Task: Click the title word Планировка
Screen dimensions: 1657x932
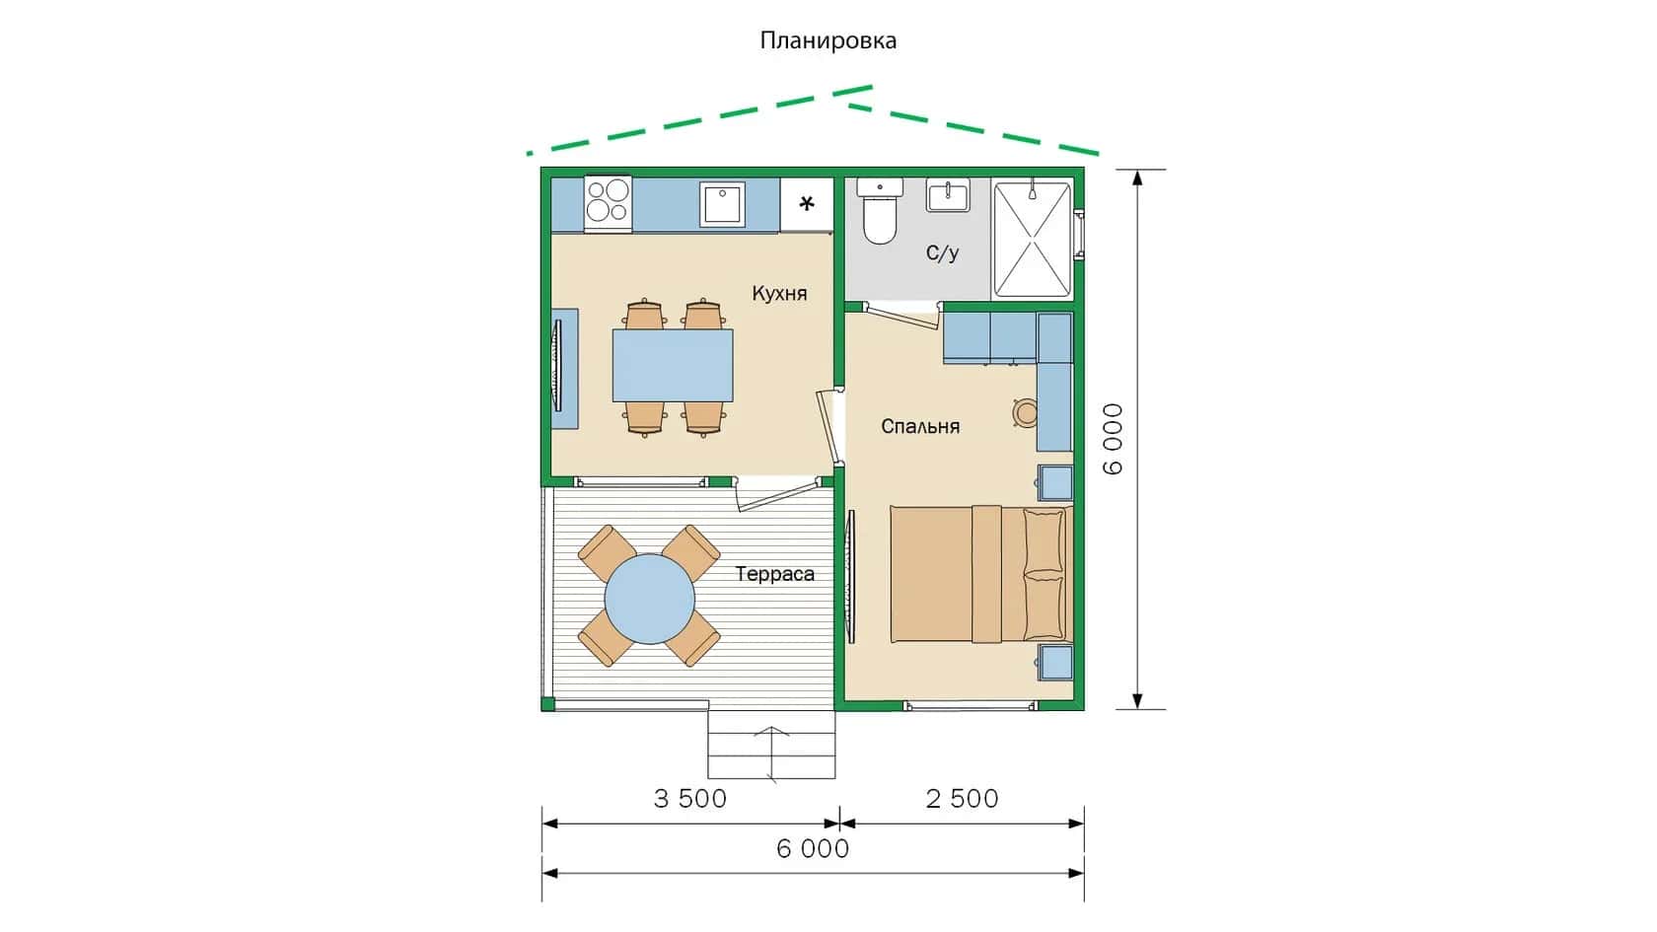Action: click(828, 39)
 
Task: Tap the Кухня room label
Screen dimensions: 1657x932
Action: click(779, 294)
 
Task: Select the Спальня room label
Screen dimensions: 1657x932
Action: click(920, 426)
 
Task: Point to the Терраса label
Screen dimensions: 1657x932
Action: click(774, 574)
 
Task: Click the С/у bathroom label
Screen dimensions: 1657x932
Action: click(943, 253)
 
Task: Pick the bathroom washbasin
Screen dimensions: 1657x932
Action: click(948, 194)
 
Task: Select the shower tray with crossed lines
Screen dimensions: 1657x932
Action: click(1032, 239)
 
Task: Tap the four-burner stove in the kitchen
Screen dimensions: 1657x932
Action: click(608, 202)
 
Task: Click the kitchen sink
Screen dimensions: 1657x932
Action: click(722, 203)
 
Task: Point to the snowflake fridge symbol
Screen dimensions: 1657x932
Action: click(807, 203)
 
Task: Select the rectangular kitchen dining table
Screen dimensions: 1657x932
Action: click(673, 365)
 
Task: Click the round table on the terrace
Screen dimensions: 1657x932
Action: click(649, 599)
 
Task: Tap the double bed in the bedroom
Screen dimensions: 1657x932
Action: click(980, 574)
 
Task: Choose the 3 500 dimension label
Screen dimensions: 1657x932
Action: click(690, 799)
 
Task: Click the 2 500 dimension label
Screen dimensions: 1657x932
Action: click(963, 799)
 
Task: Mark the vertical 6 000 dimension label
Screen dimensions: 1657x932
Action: click(1113, 439)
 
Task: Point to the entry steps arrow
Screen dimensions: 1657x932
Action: click(771, 753)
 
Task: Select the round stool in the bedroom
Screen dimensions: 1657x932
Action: click(1026, 412)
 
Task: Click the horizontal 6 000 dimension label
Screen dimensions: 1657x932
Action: click(813, 848)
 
